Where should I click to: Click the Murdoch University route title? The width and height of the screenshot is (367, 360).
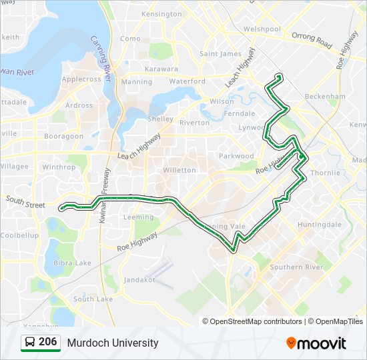pos(113,343)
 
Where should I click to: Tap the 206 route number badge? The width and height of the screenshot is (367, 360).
pos(41,343)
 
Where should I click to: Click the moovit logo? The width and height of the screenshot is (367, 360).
pos(316,343)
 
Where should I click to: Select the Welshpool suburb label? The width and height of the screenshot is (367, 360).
pos(262,29)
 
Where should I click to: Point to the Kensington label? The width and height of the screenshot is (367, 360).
pos(161,14)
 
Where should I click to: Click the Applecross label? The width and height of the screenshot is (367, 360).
pos(81,79)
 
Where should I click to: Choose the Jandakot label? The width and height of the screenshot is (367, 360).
pos(139,279)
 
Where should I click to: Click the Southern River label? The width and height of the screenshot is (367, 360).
pos(296,267)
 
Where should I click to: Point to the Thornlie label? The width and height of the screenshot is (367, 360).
pos(326,172)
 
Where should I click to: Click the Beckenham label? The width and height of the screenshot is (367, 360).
pos(325,96)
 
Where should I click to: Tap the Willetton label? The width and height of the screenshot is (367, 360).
pos(180,170)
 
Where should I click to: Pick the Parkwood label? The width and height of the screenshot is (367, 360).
pos(237,156)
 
